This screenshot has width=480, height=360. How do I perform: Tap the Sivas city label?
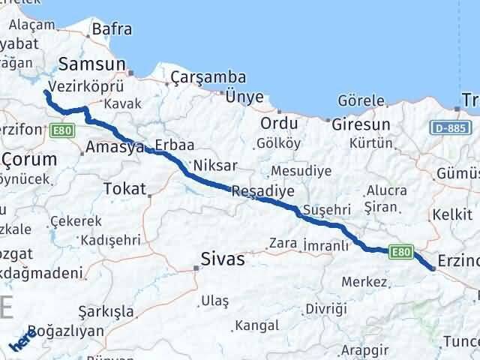click(x=223, y=259)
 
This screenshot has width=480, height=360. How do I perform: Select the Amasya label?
click(x=115, y=148)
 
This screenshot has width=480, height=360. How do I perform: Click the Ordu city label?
click(x=279, y=124)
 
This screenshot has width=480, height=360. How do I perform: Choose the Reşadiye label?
click(x=262, y=190)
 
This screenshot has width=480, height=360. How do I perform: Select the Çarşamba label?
click(x=198, y=78)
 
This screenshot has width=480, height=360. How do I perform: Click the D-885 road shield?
click(x=451, y=128)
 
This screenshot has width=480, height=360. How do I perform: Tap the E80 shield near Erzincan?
click(x=401, y=253)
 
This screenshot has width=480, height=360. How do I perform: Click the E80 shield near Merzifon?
click(x=62, y=130)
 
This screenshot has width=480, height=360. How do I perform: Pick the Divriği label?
click(x=327, y=308)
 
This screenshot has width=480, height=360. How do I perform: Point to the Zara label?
click(x=283, y=243)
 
